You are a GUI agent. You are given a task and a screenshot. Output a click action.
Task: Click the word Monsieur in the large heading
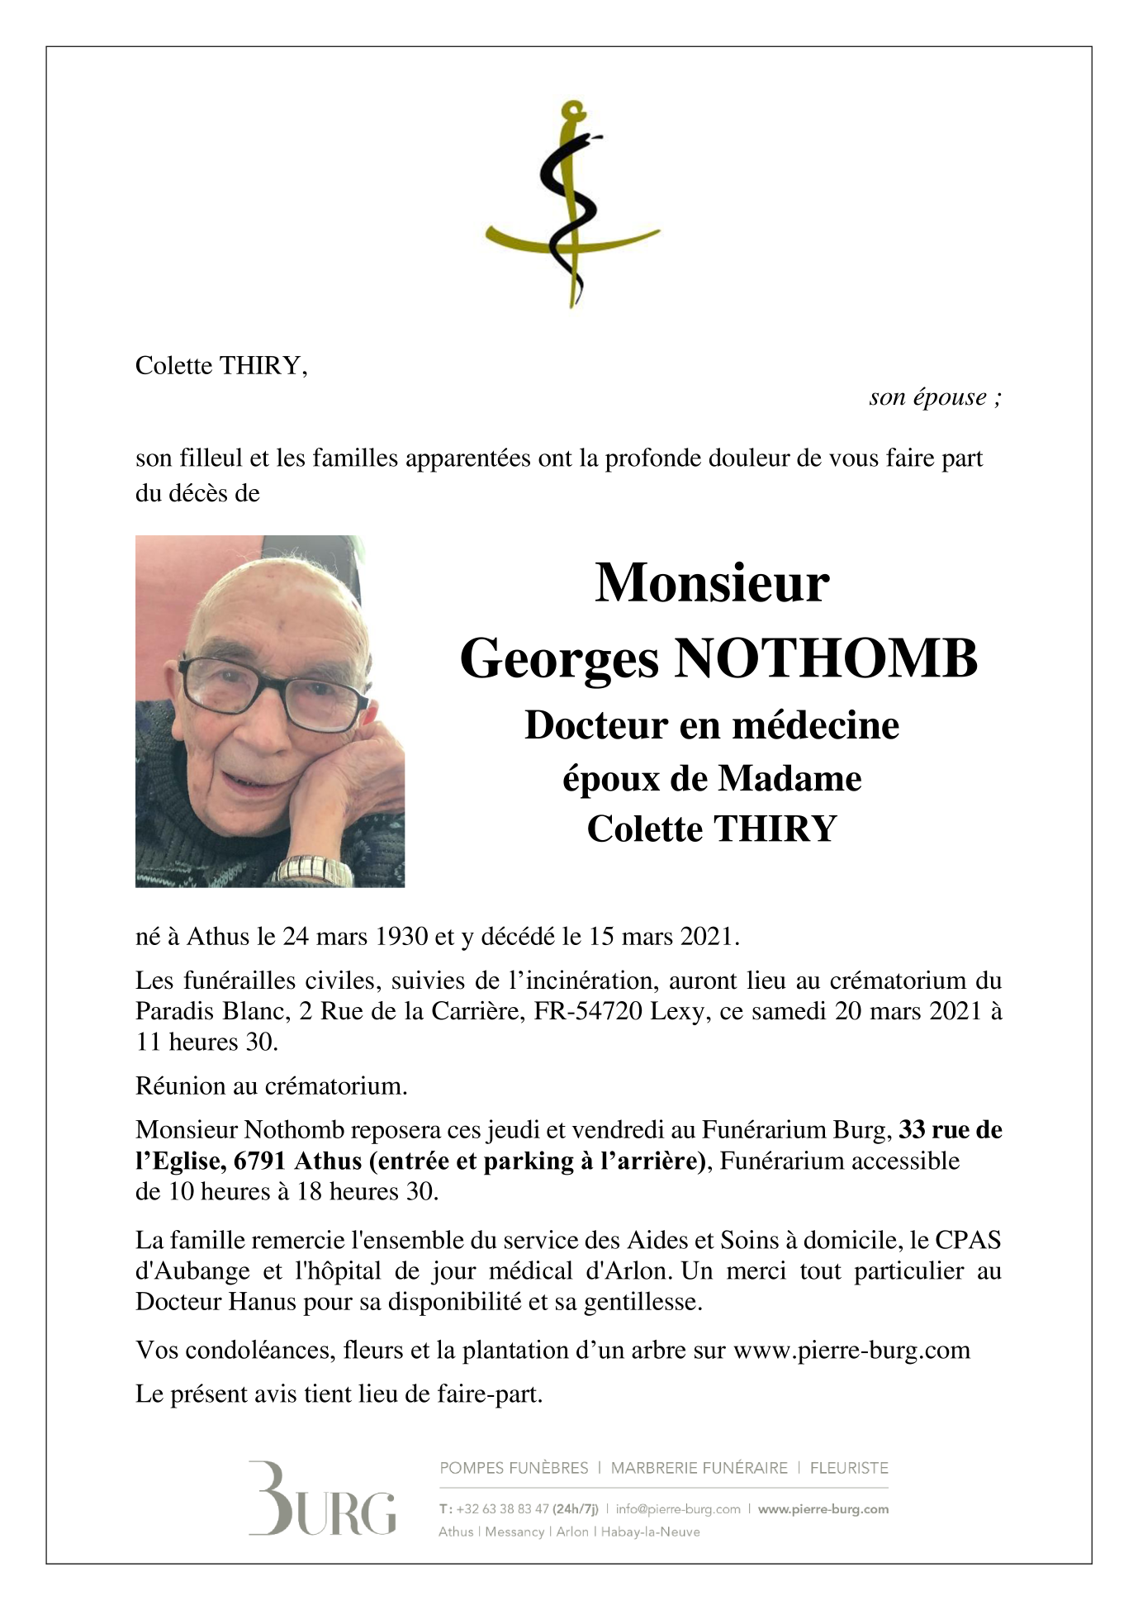tap(712, 583)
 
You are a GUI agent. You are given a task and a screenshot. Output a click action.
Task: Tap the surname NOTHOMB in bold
tap(827, 659)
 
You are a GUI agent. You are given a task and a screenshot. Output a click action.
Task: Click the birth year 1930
tap(401, 936)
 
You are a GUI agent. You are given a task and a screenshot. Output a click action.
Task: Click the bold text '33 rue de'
tap(950, 1129)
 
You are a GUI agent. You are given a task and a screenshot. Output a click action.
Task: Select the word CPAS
tap(968, 1240)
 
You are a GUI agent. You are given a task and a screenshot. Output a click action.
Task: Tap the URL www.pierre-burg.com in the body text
tap(851, 1350)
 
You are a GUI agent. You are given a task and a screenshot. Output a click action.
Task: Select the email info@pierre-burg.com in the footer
tap(678, 1508)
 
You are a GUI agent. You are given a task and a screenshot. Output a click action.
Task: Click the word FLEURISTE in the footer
tap(849, 1468)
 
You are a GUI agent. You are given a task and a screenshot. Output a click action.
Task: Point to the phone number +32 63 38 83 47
tap(502, 1508)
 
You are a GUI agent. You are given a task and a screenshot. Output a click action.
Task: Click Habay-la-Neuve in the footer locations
tap(650, 1532)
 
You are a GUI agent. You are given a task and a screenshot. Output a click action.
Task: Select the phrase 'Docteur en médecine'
tap(712, 725)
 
